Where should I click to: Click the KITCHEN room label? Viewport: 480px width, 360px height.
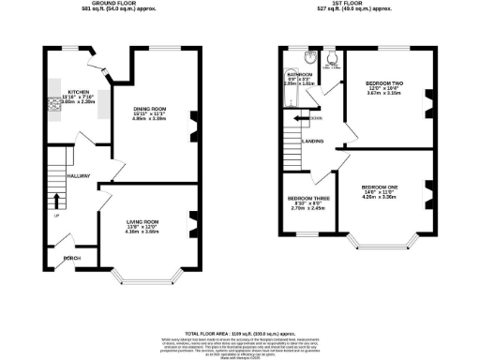pyautogui.click(x=77, y=92)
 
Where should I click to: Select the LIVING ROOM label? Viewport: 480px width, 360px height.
pyautogui.click(x=143, y=221)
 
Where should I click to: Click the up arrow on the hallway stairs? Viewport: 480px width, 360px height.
pyautogui.click(x=58, y=200)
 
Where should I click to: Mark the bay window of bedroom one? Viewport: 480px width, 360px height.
pyautogui.click(x=381, y=246)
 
